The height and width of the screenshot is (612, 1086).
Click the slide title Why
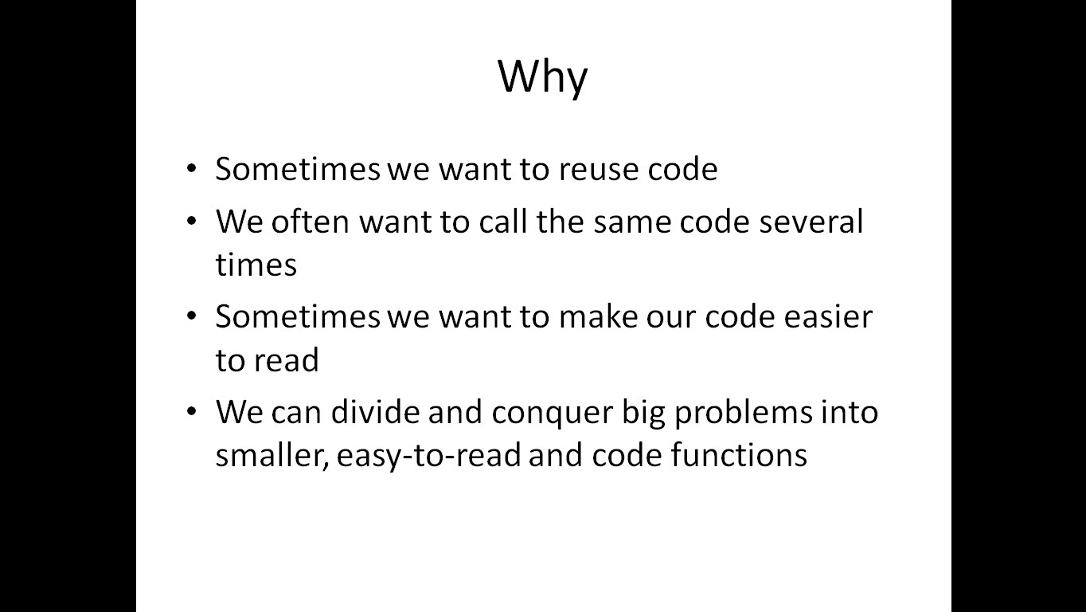point(542,76)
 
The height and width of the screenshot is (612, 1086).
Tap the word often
point(311,222)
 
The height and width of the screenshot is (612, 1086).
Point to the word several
point(811,222)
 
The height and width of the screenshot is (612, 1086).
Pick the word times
point(256,265)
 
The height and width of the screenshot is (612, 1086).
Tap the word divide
point(375,411)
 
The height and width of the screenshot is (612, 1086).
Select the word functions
point(740,455)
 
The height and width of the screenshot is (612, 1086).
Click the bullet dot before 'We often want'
point(192,221)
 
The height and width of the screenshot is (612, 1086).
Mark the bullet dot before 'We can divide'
point(192,411)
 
